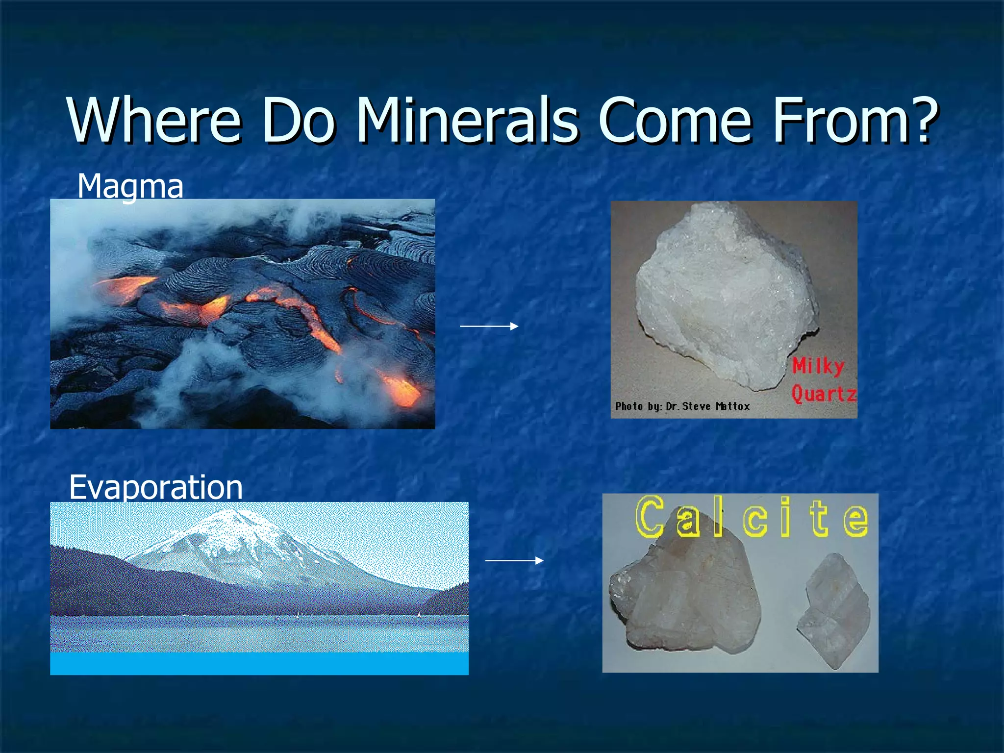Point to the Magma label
pos(130,186)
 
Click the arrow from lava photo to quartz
pos(489,326)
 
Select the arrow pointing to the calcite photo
pos(514,560)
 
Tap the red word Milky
pos(818,366)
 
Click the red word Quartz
pos(824,394)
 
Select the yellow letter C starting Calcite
pos(650,517)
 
